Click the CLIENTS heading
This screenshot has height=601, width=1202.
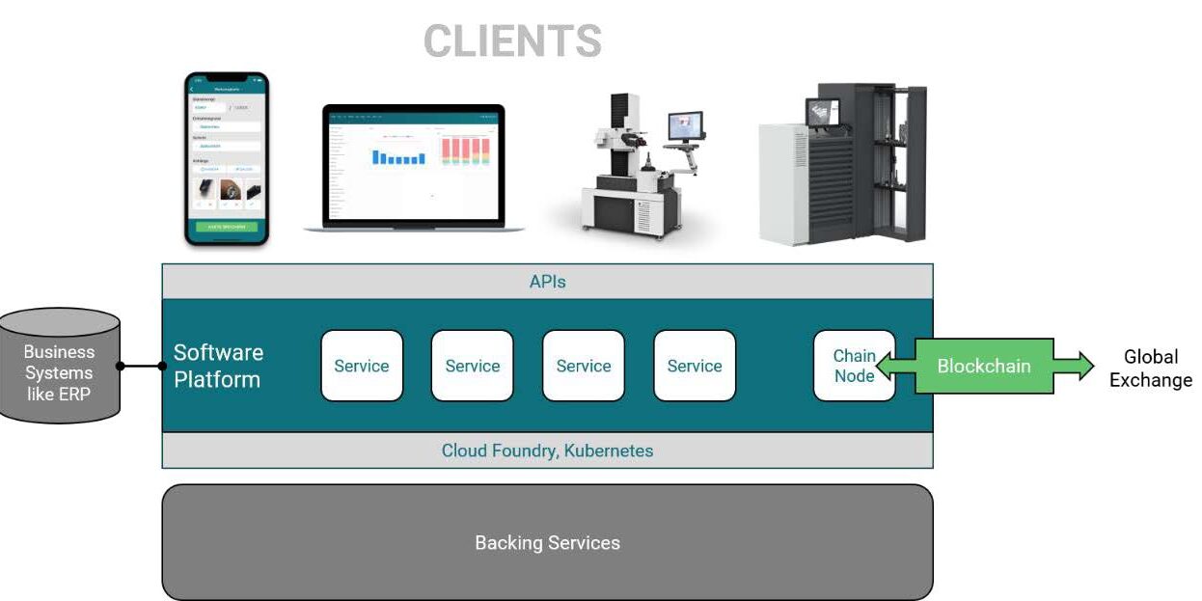coord(512,41)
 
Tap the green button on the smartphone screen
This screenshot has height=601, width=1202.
coord(227,227)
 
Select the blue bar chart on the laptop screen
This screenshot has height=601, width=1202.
coord(398,157)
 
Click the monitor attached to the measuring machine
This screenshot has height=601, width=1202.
coord(686,125)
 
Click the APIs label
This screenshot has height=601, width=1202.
coord(547,282)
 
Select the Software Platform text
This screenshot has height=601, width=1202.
coord(217,366)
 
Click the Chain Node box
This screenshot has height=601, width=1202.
coord(854,366)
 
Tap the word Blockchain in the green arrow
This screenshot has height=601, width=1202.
coord(983,366)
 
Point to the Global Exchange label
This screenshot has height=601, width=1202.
coord(1150,369)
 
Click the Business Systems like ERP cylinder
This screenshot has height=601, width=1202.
coord(60,367)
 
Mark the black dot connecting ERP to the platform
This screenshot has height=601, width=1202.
coord(121,366)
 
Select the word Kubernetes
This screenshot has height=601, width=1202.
coord(609,451)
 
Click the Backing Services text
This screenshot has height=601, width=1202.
coord(547,542)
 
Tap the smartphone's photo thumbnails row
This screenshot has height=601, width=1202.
coord(227,190)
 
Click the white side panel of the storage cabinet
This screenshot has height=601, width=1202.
coord(781,183)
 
